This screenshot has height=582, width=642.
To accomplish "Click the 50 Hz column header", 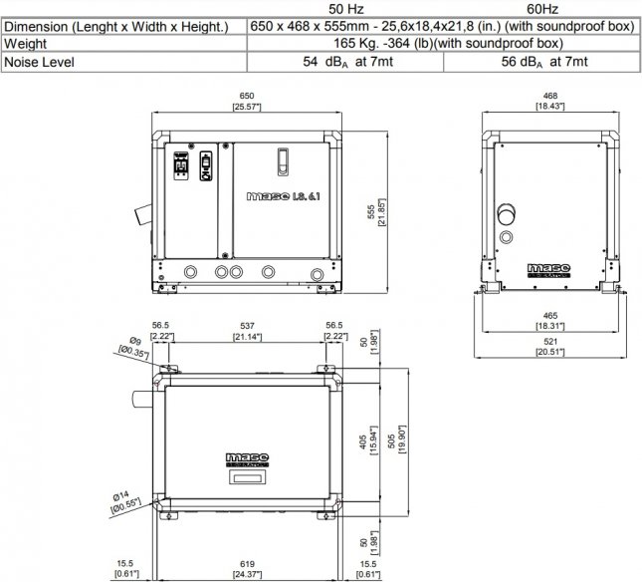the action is click(345, 9).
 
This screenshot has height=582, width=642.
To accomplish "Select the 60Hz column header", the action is click(542, 9).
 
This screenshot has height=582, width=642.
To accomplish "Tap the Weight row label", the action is click(26, 44).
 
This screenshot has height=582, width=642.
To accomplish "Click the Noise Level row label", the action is click(39, 63).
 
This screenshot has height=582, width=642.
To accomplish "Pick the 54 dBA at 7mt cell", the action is click(347, 62).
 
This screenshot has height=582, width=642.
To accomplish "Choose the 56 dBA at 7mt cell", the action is click(544, 62).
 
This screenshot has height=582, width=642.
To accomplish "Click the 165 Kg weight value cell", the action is click(448, 43).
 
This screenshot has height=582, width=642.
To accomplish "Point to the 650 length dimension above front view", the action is click(247, 101).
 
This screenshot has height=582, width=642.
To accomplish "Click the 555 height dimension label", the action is click(376, 212).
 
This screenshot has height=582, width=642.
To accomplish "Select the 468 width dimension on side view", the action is click(549, 101).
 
